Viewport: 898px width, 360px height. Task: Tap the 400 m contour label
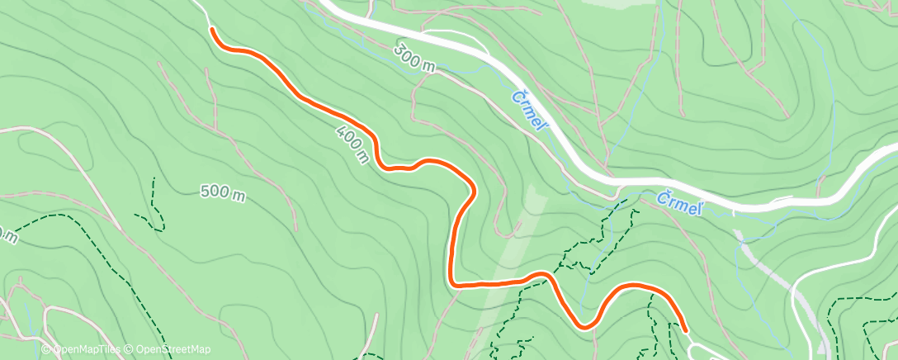(x=352, y=144)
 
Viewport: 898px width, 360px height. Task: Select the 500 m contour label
(x=223, y=193)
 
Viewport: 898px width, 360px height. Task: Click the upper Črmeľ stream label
(x=530, y=110)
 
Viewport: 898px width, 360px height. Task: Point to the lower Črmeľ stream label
(x=680, y=203)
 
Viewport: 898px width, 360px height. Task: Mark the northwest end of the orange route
(x=213, y=30)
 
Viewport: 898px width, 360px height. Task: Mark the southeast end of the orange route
(x=685, y=331)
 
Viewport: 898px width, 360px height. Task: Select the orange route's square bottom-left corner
(x=453, y=285)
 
